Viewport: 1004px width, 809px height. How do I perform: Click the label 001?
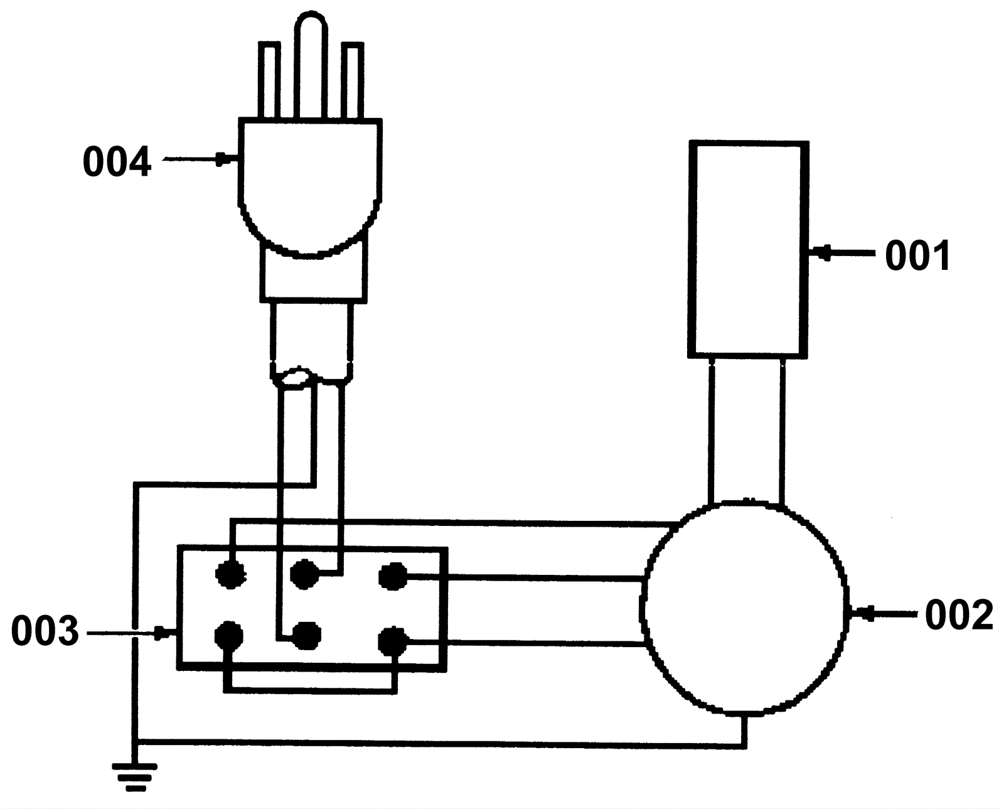pos(917,256)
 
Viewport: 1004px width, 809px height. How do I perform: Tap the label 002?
pos(959,615)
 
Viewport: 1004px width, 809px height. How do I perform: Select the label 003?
pos(45,631)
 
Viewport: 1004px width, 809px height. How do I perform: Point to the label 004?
pos(117,162)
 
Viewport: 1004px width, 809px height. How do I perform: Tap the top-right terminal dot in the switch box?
pos(393,576)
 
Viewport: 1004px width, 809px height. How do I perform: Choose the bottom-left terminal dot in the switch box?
pos(229,635)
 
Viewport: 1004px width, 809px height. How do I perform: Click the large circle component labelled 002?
pos(745,608)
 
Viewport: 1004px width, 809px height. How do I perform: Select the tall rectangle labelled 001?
pos(747,249)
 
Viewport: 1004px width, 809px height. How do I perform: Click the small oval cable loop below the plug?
pos(295,378)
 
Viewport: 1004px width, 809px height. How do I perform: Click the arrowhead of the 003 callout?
pos(161,633)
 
